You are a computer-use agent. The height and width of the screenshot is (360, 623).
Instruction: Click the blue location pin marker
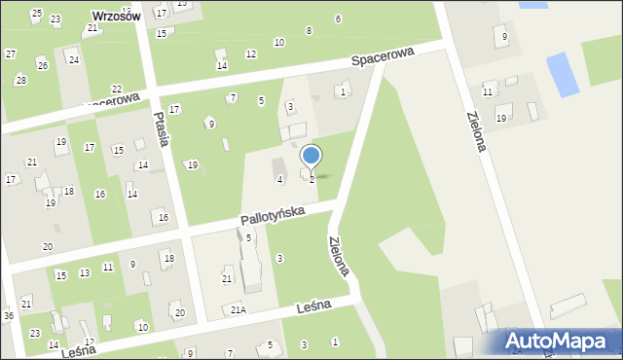point(311,156)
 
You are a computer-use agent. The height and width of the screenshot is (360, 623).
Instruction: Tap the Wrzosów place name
point(116,17)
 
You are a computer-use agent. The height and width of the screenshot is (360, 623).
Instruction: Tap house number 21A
point(238,309)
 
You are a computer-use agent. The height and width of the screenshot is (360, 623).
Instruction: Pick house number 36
point(8,315)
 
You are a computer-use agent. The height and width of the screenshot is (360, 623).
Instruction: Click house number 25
point(36,13)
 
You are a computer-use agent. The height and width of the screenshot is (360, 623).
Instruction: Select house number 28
point(21,80)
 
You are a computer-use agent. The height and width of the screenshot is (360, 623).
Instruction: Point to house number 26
point(42,64)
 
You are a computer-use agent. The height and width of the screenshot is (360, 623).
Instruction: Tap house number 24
point(73,59)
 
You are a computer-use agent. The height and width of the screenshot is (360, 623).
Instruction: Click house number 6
point(338,18)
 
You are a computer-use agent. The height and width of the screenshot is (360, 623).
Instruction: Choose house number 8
point(310,31)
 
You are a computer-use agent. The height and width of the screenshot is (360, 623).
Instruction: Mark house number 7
point(232,97)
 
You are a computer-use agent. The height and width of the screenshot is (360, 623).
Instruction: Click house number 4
point(280,179)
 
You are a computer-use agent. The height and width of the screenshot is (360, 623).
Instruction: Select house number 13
point(85,272)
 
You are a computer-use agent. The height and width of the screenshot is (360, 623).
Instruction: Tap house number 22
point(117,89)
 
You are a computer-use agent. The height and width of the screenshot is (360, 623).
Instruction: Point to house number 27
point(10,54)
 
